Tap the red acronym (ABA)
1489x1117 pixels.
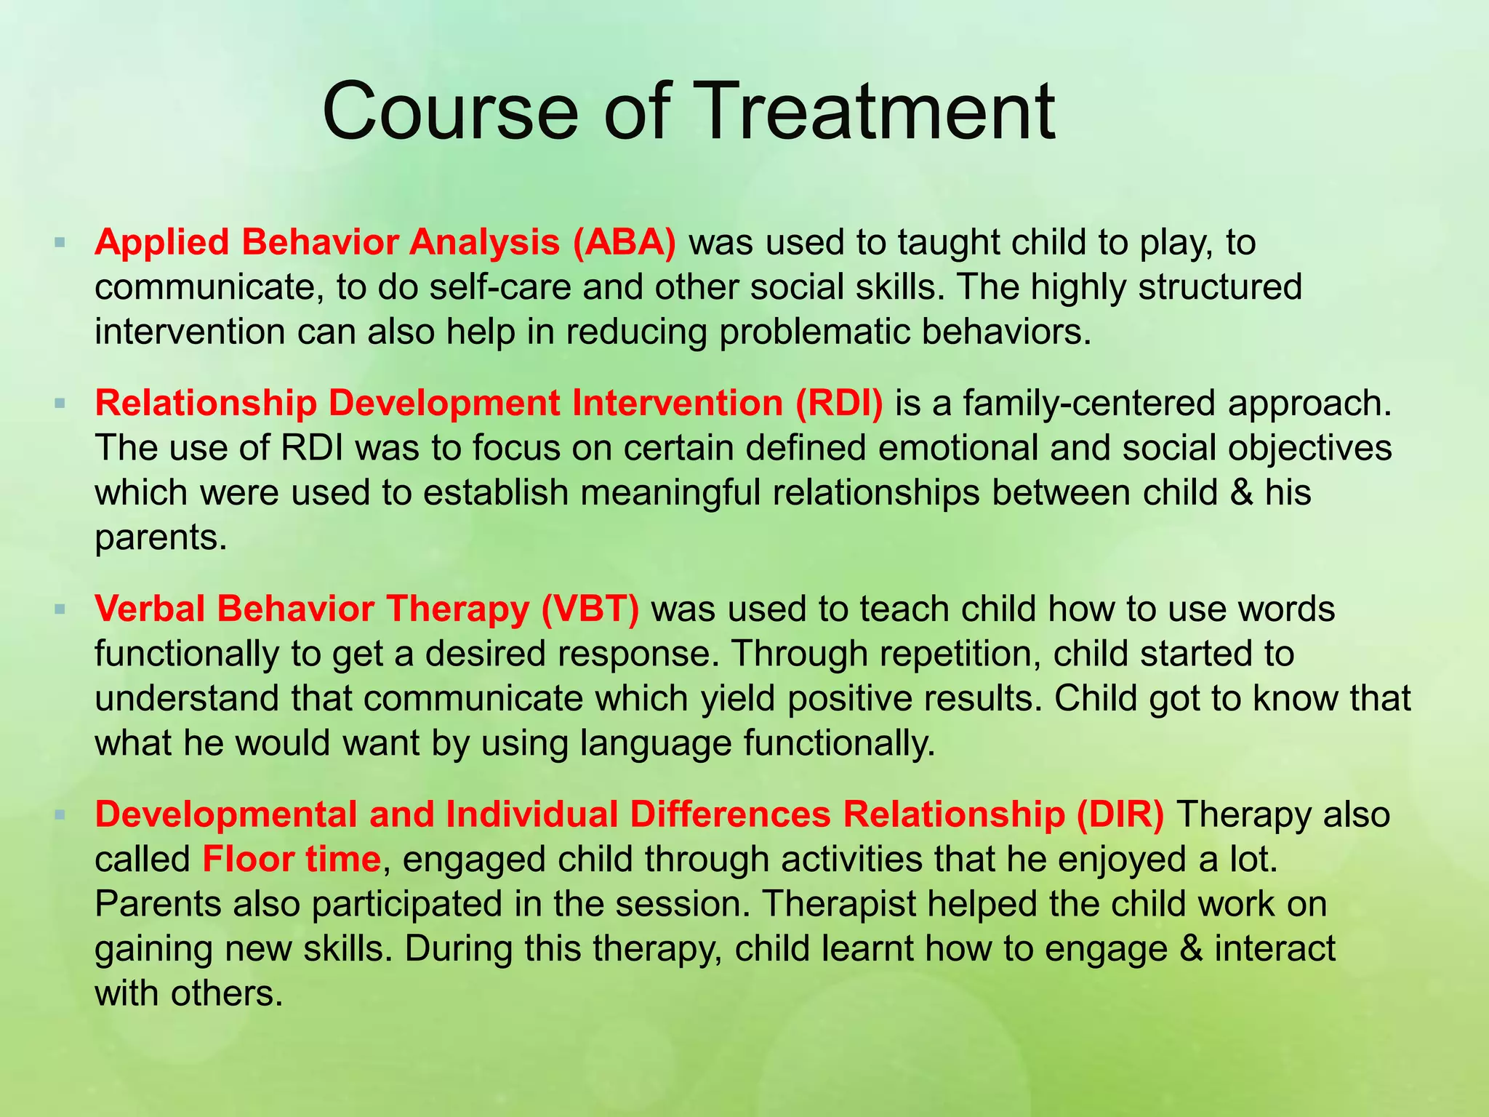(624, 242)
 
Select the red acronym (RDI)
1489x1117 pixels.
(839, 403)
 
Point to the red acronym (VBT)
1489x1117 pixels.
(590, 609)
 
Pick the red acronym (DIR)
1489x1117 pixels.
(1120, 814)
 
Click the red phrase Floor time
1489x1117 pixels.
(292, 859)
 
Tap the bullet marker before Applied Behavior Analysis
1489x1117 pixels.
(60, 241)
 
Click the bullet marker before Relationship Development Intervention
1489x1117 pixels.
(60, 401)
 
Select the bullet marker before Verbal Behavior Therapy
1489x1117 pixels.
(60, 607)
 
